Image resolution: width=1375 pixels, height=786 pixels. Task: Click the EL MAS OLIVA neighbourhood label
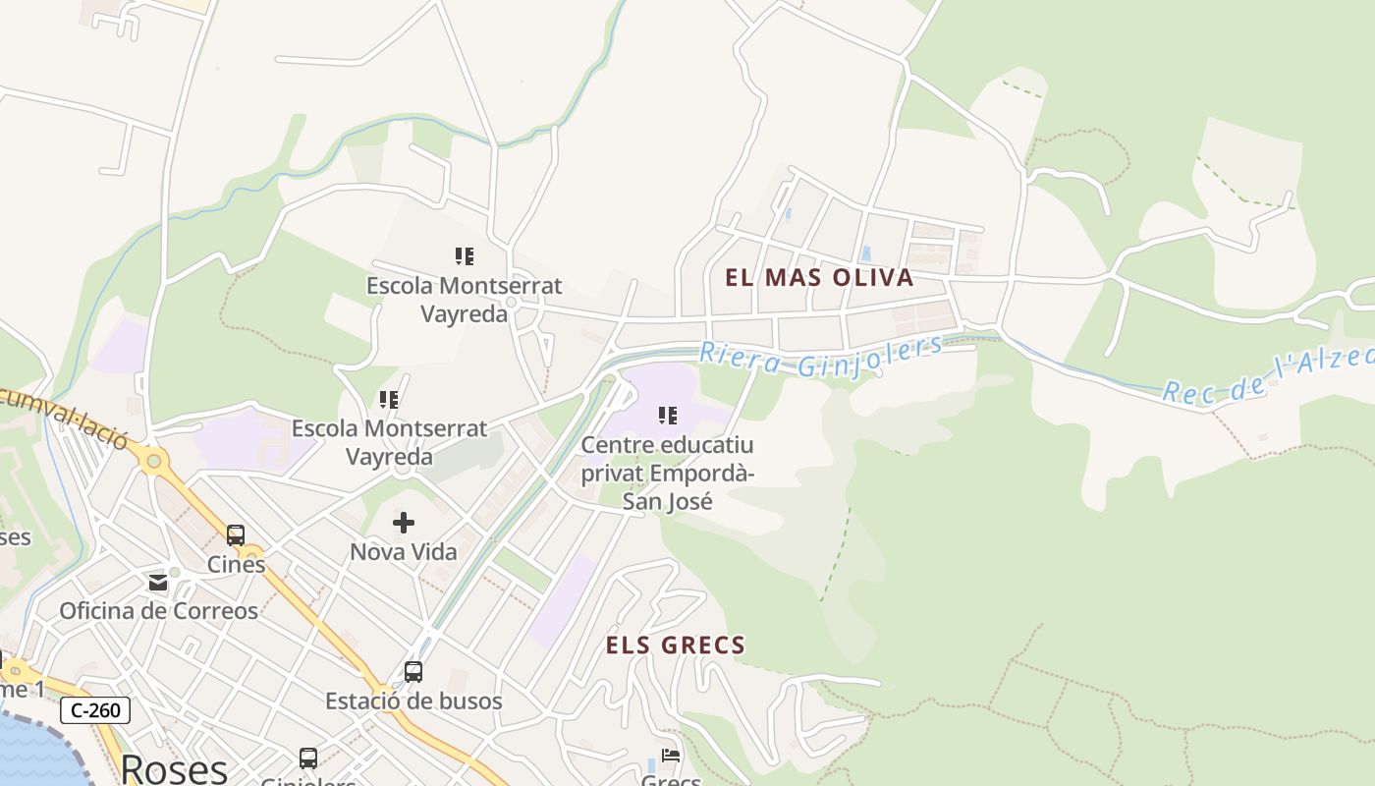coord(819,277)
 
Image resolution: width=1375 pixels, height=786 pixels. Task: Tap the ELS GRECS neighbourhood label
coord(675,646)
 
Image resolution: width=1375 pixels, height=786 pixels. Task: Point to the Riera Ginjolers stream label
coord(820,357)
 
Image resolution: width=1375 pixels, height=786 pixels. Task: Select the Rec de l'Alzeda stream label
coord(1267,376)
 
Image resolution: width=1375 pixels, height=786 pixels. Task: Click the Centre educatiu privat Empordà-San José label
coord(667,473)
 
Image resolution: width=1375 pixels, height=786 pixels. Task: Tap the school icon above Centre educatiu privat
coord(668,416)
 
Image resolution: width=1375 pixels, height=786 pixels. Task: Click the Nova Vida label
coord(404,552)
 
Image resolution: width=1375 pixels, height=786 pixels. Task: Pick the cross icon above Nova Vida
coord(404,523)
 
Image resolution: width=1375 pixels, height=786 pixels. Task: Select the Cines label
coord(236,564)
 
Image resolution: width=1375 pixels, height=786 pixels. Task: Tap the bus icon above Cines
coord(236,535)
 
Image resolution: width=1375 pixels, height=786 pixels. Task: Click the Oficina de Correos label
coord(158,610)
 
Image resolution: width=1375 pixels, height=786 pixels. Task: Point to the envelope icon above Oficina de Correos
coord(158,583)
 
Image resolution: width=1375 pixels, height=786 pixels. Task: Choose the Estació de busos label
coord(413,701)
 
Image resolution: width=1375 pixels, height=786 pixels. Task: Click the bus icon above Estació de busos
coord(413,672)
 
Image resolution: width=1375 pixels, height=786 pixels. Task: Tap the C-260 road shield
coord(95,710)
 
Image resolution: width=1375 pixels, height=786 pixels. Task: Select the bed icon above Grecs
coord(671,756)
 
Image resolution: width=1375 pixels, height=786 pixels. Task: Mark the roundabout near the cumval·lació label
coord(152,460)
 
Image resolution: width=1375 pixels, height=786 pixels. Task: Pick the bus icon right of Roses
coord(308,758)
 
